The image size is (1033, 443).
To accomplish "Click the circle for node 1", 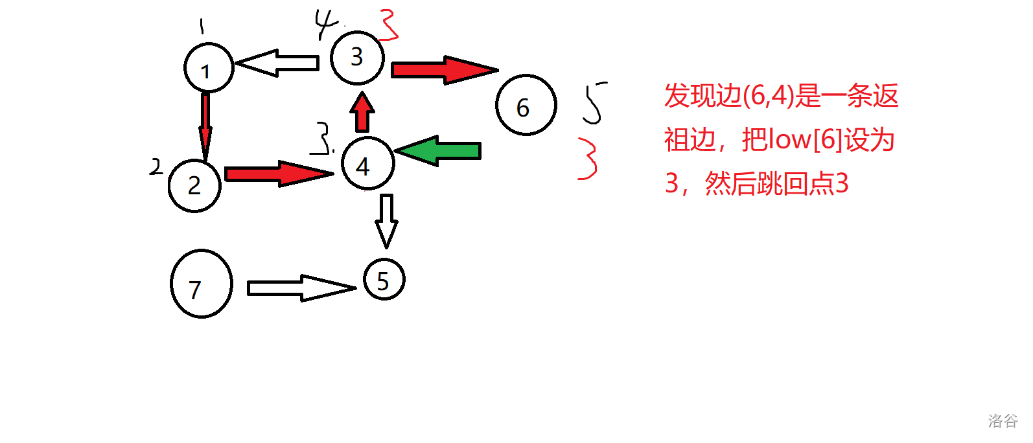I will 208,68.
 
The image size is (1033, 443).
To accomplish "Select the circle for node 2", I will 194,185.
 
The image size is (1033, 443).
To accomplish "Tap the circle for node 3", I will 357,57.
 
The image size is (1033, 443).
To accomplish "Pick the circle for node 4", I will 367,163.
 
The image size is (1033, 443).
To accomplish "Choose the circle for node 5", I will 384,280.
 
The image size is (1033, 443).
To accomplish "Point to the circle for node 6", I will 526,105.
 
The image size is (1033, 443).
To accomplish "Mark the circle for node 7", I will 201,284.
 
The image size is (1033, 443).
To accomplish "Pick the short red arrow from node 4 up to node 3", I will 362,113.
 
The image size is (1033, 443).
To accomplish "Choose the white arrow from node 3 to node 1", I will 278,63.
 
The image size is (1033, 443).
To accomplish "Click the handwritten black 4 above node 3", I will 326,24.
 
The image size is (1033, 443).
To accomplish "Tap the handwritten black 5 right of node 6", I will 593,102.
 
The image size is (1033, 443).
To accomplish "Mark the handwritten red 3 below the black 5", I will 588,158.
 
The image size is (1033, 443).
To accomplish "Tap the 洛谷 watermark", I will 1003,421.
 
